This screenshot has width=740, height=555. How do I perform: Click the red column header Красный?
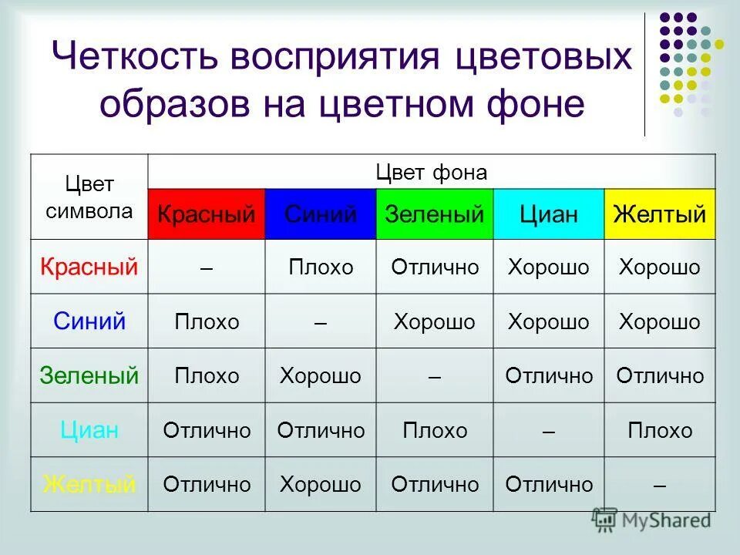[206, 214]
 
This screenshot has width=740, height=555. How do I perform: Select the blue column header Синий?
[321, 214]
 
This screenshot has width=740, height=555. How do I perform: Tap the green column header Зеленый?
[434, 214]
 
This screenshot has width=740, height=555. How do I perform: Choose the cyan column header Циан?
[548, 214]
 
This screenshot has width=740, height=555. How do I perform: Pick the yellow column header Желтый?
[659, 214]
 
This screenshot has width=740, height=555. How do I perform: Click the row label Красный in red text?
[89, 267]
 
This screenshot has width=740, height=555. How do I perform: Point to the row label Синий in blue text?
[89, 321]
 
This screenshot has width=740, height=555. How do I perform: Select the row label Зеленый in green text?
[89, 376]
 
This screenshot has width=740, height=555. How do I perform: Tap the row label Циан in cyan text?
[89, 430]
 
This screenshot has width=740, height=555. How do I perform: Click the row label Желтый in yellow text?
[89, 485]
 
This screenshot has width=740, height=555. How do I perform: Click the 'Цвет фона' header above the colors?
[431, 173]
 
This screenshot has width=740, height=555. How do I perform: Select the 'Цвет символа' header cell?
[89, 198]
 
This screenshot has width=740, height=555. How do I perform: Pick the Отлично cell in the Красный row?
[435, 267]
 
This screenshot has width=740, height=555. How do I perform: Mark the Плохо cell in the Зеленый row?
[207, 376]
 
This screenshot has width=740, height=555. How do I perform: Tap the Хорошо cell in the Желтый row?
[320, 485]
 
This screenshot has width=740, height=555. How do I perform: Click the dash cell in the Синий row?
[320, 321]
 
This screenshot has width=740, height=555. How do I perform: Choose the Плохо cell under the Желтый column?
[660, 430]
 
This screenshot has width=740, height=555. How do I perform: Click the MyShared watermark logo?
[651, 520]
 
